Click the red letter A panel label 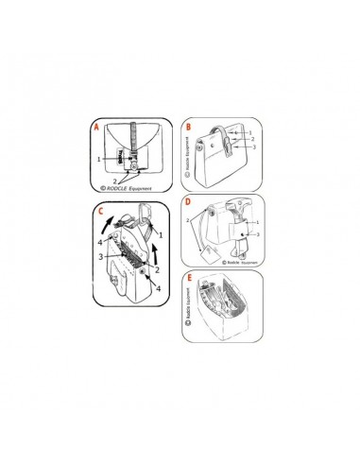pyautogui.click(x=94, y=125)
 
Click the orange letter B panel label pyautogui.click(x=189, y=124)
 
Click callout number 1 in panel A pyautogui.click(x=98, y=162)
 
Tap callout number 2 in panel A pyautogui.click(x=116, y=179)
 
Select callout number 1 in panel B pyautogui.click(x=249, y=132)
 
